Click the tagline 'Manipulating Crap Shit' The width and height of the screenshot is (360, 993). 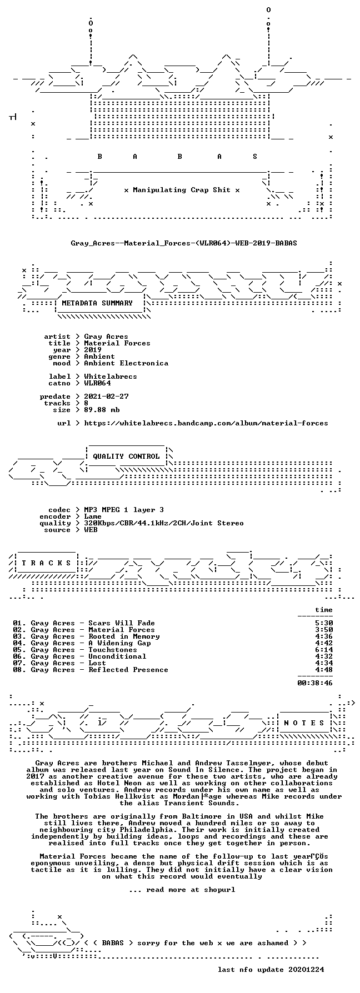click(182, 190)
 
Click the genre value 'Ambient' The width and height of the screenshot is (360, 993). click(99, 357)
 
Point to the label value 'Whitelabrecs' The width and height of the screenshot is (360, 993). click(111, 377)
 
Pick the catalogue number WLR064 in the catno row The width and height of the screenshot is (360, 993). click(97, 383)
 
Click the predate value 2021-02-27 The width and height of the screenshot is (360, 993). click(106, 397)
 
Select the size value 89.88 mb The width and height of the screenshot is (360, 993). click(102, 410)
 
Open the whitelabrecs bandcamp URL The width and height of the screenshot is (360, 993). click(206, 423)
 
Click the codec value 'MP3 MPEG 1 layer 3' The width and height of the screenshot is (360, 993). click(124, 510)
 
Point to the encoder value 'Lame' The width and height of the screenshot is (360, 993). click(93, 516)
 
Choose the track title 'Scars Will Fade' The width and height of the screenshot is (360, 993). click(122, 623)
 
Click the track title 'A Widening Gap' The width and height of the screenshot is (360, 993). click(119, 643)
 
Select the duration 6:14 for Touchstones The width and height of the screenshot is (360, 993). click(324, 650)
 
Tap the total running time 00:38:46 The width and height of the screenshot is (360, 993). click(315, 683)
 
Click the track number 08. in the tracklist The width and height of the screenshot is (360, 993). click(19, 670)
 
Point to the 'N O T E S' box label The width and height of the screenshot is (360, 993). click(304, 723)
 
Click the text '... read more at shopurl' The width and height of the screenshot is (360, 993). click(182, 890)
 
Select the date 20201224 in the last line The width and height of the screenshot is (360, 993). click(306, 970)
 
